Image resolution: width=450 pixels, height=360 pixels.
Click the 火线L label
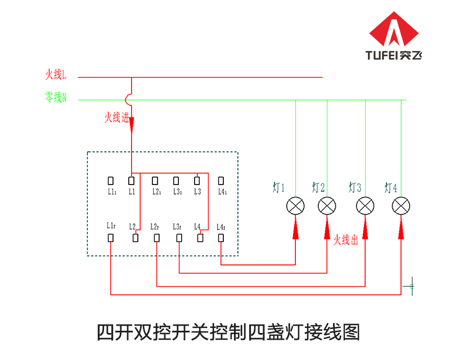pos(56,75)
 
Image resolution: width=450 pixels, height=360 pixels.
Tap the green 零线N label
pos(56,97)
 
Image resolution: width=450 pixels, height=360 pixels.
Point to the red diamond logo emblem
pos(394,29)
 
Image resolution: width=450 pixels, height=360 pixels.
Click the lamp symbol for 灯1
pos(295,206)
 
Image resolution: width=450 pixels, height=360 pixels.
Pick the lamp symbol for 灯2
pos(327,206)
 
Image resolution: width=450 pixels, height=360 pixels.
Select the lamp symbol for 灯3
pos(365,206)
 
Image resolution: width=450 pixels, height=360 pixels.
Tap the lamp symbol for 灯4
pos(401,206)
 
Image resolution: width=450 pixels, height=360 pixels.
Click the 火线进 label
pos(117,118)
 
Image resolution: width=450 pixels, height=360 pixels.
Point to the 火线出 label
pos(346,240)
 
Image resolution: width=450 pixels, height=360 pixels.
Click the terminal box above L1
pos(132,181)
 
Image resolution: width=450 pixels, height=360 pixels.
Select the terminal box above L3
pos(197,181)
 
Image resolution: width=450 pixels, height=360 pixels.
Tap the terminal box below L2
pos(136,238)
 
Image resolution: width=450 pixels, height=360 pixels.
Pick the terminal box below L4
pos(200,238)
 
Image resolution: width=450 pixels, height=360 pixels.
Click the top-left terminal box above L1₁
pos(110,181)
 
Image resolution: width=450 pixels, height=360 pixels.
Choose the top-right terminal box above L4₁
pos(221,181)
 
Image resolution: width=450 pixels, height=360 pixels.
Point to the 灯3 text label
pos(355,187)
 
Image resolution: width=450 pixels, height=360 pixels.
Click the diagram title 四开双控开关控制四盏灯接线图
pos(228,332)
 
